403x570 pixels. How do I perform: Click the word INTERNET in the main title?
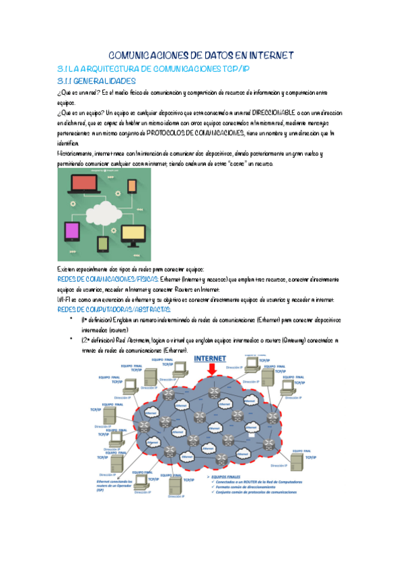[x=264, y=56]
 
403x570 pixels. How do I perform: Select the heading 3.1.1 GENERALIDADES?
[x=97, y=80]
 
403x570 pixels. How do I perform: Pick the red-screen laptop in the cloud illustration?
[x=85, y=184]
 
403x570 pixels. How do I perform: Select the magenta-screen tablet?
[x=73, y=232]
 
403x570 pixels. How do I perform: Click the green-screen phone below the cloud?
[x=104, y=243]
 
